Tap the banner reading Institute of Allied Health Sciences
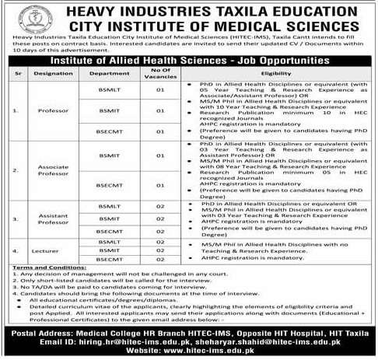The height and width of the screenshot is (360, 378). point(188,60)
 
